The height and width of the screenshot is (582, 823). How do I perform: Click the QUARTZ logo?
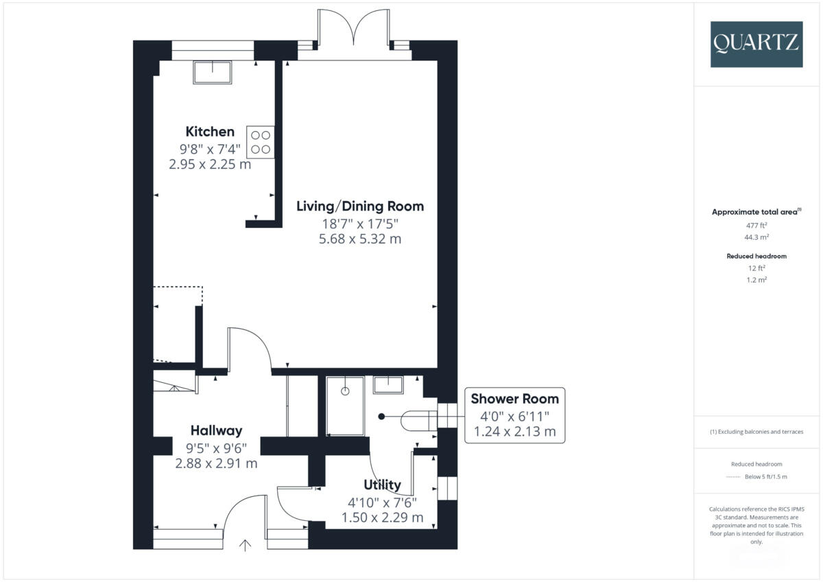756,43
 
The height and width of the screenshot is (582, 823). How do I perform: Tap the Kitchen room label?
210,131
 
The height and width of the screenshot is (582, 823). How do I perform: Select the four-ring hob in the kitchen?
260,143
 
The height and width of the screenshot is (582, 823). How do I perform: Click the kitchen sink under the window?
212,71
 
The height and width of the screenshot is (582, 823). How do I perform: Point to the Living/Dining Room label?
360,206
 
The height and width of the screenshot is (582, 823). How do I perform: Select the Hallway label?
216,430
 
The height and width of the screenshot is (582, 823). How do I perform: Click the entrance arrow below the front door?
245,546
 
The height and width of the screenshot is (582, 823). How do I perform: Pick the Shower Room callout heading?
514,399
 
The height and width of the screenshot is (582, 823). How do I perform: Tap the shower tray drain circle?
345,391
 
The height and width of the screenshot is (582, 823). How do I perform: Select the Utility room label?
382,485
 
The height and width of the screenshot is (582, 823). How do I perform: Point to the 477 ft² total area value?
756,225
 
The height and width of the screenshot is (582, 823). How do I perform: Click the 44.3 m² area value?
756,237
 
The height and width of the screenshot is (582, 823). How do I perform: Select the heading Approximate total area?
754,212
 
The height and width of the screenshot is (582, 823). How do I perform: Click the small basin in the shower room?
387,384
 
